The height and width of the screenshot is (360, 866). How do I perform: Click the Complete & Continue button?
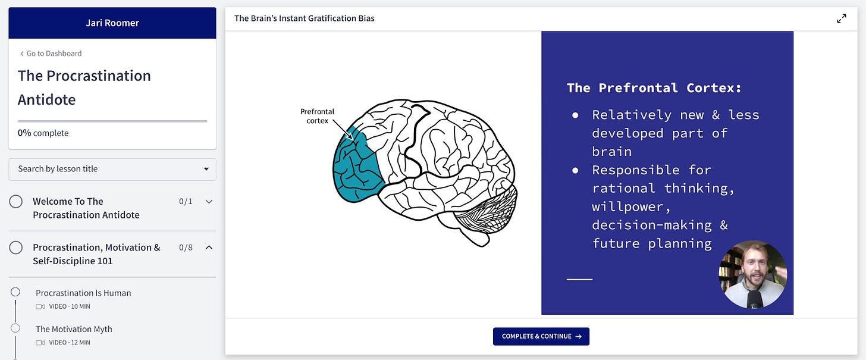(x=541, y=336)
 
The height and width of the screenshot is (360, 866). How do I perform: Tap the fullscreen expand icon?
(x=841, y=18)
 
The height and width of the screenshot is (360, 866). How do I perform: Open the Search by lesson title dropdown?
(x=112, y=169)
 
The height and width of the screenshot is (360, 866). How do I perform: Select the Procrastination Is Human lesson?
(x=83, y=293)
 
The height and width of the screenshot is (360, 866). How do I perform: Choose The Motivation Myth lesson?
(x=74, y=329)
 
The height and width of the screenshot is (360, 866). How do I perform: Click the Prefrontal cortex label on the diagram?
(x=317, y=116)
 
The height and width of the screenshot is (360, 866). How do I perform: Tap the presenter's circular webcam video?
(x=753, y=274)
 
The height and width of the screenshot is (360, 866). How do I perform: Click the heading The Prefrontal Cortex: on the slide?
(x=654, y=88)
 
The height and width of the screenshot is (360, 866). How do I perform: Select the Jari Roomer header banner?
(x=112, y=23)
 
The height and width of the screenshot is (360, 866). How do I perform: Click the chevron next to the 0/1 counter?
(x=209, y=202)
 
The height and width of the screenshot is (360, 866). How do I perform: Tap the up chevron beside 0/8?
(x=209, y=248)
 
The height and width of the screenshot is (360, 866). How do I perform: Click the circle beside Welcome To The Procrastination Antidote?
(x=16, y=202)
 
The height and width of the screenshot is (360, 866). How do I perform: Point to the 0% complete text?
(x=43, y=133)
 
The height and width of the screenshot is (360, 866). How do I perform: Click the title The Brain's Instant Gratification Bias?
(x=304, y=18)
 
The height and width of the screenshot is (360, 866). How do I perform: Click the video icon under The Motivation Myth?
(x=40, y=343)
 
